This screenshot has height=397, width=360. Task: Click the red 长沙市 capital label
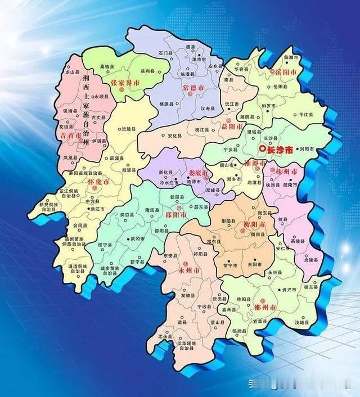click(280, 150)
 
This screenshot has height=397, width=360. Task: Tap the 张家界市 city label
click(125, 83)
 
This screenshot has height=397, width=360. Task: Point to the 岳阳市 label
click(282, 73)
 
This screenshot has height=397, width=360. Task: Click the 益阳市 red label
click(229, 128)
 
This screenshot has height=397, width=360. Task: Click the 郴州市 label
click(264, 308)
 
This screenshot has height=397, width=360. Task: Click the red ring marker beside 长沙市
click(262, 149)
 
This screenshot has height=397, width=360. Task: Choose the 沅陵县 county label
click(127, 129)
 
